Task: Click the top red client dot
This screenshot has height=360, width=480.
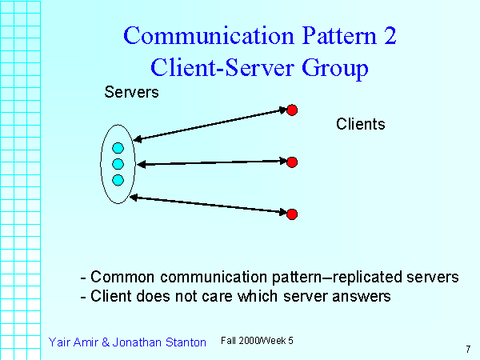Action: coord(293,109)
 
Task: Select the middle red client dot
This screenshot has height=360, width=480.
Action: coord(292,162)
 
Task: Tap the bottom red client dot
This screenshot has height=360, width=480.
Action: coord(292,214)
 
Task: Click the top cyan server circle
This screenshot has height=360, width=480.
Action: coord(118,148)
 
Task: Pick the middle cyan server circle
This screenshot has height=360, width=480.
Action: coord(118,164)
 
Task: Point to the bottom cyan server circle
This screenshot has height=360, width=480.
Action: coord(118,180)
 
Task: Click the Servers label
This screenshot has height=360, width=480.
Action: coord(132,92)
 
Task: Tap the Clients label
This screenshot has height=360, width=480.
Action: coord(361,124)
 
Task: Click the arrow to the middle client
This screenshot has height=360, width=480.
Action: coord(212,163)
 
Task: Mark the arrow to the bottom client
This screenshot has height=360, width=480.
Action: coord(210,205)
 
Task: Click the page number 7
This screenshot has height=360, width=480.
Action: coord(467,349)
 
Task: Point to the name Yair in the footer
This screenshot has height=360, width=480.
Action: coord(60,342)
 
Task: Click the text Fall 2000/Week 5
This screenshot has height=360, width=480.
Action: coord(257,341)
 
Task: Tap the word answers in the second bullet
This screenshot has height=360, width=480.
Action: coord(365,297)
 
